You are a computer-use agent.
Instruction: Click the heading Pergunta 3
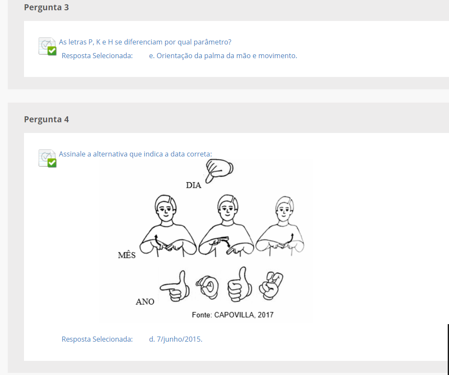pyautogui.click(x=46, y=7)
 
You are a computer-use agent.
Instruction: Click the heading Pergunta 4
pyautogui.click(x=46, y=119)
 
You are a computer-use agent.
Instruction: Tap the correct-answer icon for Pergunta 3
pyautogui.click(x=48, y=46)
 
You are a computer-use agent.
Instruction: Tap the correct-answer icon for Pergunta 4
pyautogui.click(x=48, y=158)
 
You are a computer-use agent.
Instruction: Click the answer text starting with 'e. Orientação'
pyautogui.click(x=223, y=56)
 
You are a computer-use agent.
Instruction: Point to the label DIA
pyautogui.click(x=194, y=185)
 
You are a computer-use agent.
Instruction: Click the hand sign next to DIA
pyautogui.click(x=219, y=170)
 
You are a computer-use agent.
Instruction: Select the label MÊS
pyautogui.click(x=126, y=255)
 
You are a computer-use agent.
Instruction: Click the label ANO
pyautogui.click(x=145, y=301)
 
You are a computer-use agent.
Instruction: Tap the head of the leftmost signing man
pyautogui.click(x=165, y=207)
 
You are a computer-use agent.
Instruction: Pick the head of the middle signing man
pyautogui.click(x=227, y=207)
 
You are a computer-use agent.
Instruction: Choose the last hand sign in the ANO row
pyautogui.click(x=271, y=286)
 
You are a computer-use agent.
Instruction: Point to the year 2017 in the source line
pyautogui.click(x=266, y=315)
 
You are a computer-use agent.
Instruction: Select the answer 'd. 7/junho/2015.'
pyautogui.click(x=176, y=339)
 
